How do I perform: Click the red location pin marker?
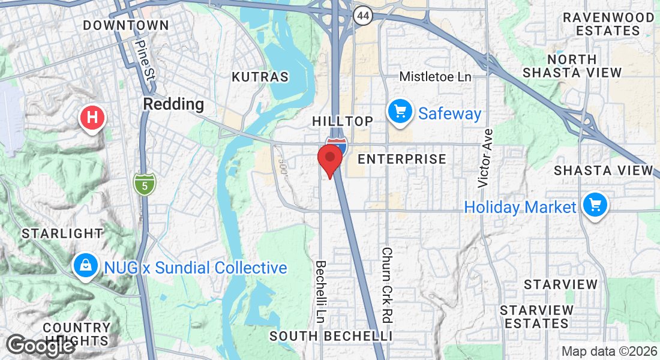(329, 160)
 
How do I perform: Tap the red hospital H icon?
(92, 117)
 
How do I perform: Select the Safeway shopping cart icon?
(399, 112)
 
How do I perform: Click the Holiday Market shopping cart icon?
(595, 206)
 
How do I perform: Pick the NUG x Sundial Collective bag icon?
(86, 266)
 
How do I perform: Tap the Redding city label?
(173, 104)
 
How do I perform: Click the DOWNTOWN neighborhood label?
(126, 25)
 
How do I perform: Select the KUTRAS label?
(260, 77)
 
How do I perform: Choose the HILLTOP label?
(343, 121)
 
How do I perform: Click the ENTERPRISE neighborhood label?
(402, 159)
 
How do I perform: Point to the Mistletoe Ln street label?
(436, 76)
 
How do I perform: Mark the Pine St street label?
(146, 59)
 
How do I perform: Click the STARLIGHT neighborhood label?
(62, 233)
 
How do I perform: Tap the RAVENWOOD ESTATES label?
(609, 24)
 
